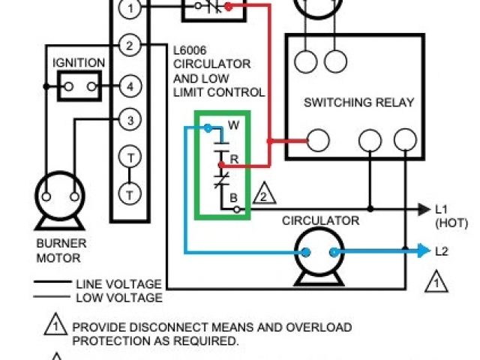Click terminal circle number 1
[130, 9]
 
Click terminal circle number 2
[130, 46]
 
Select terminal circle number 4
[130, 86]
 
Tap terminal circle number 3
[130, 120]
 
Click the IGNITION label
[79, 62]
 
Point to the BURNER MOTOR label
[61, 250]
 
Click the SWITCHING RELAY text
[358, 103]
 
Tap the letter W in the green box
[233, 125]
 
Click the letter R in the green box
[235, 160]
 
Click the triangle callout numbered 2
[264, 195]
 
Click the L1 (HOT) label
[447, 215]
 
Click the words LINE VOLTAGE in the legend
[118, 284]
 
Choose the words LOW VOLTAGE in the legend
[118, 297]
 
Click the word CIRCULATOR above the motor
[320, 220]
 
